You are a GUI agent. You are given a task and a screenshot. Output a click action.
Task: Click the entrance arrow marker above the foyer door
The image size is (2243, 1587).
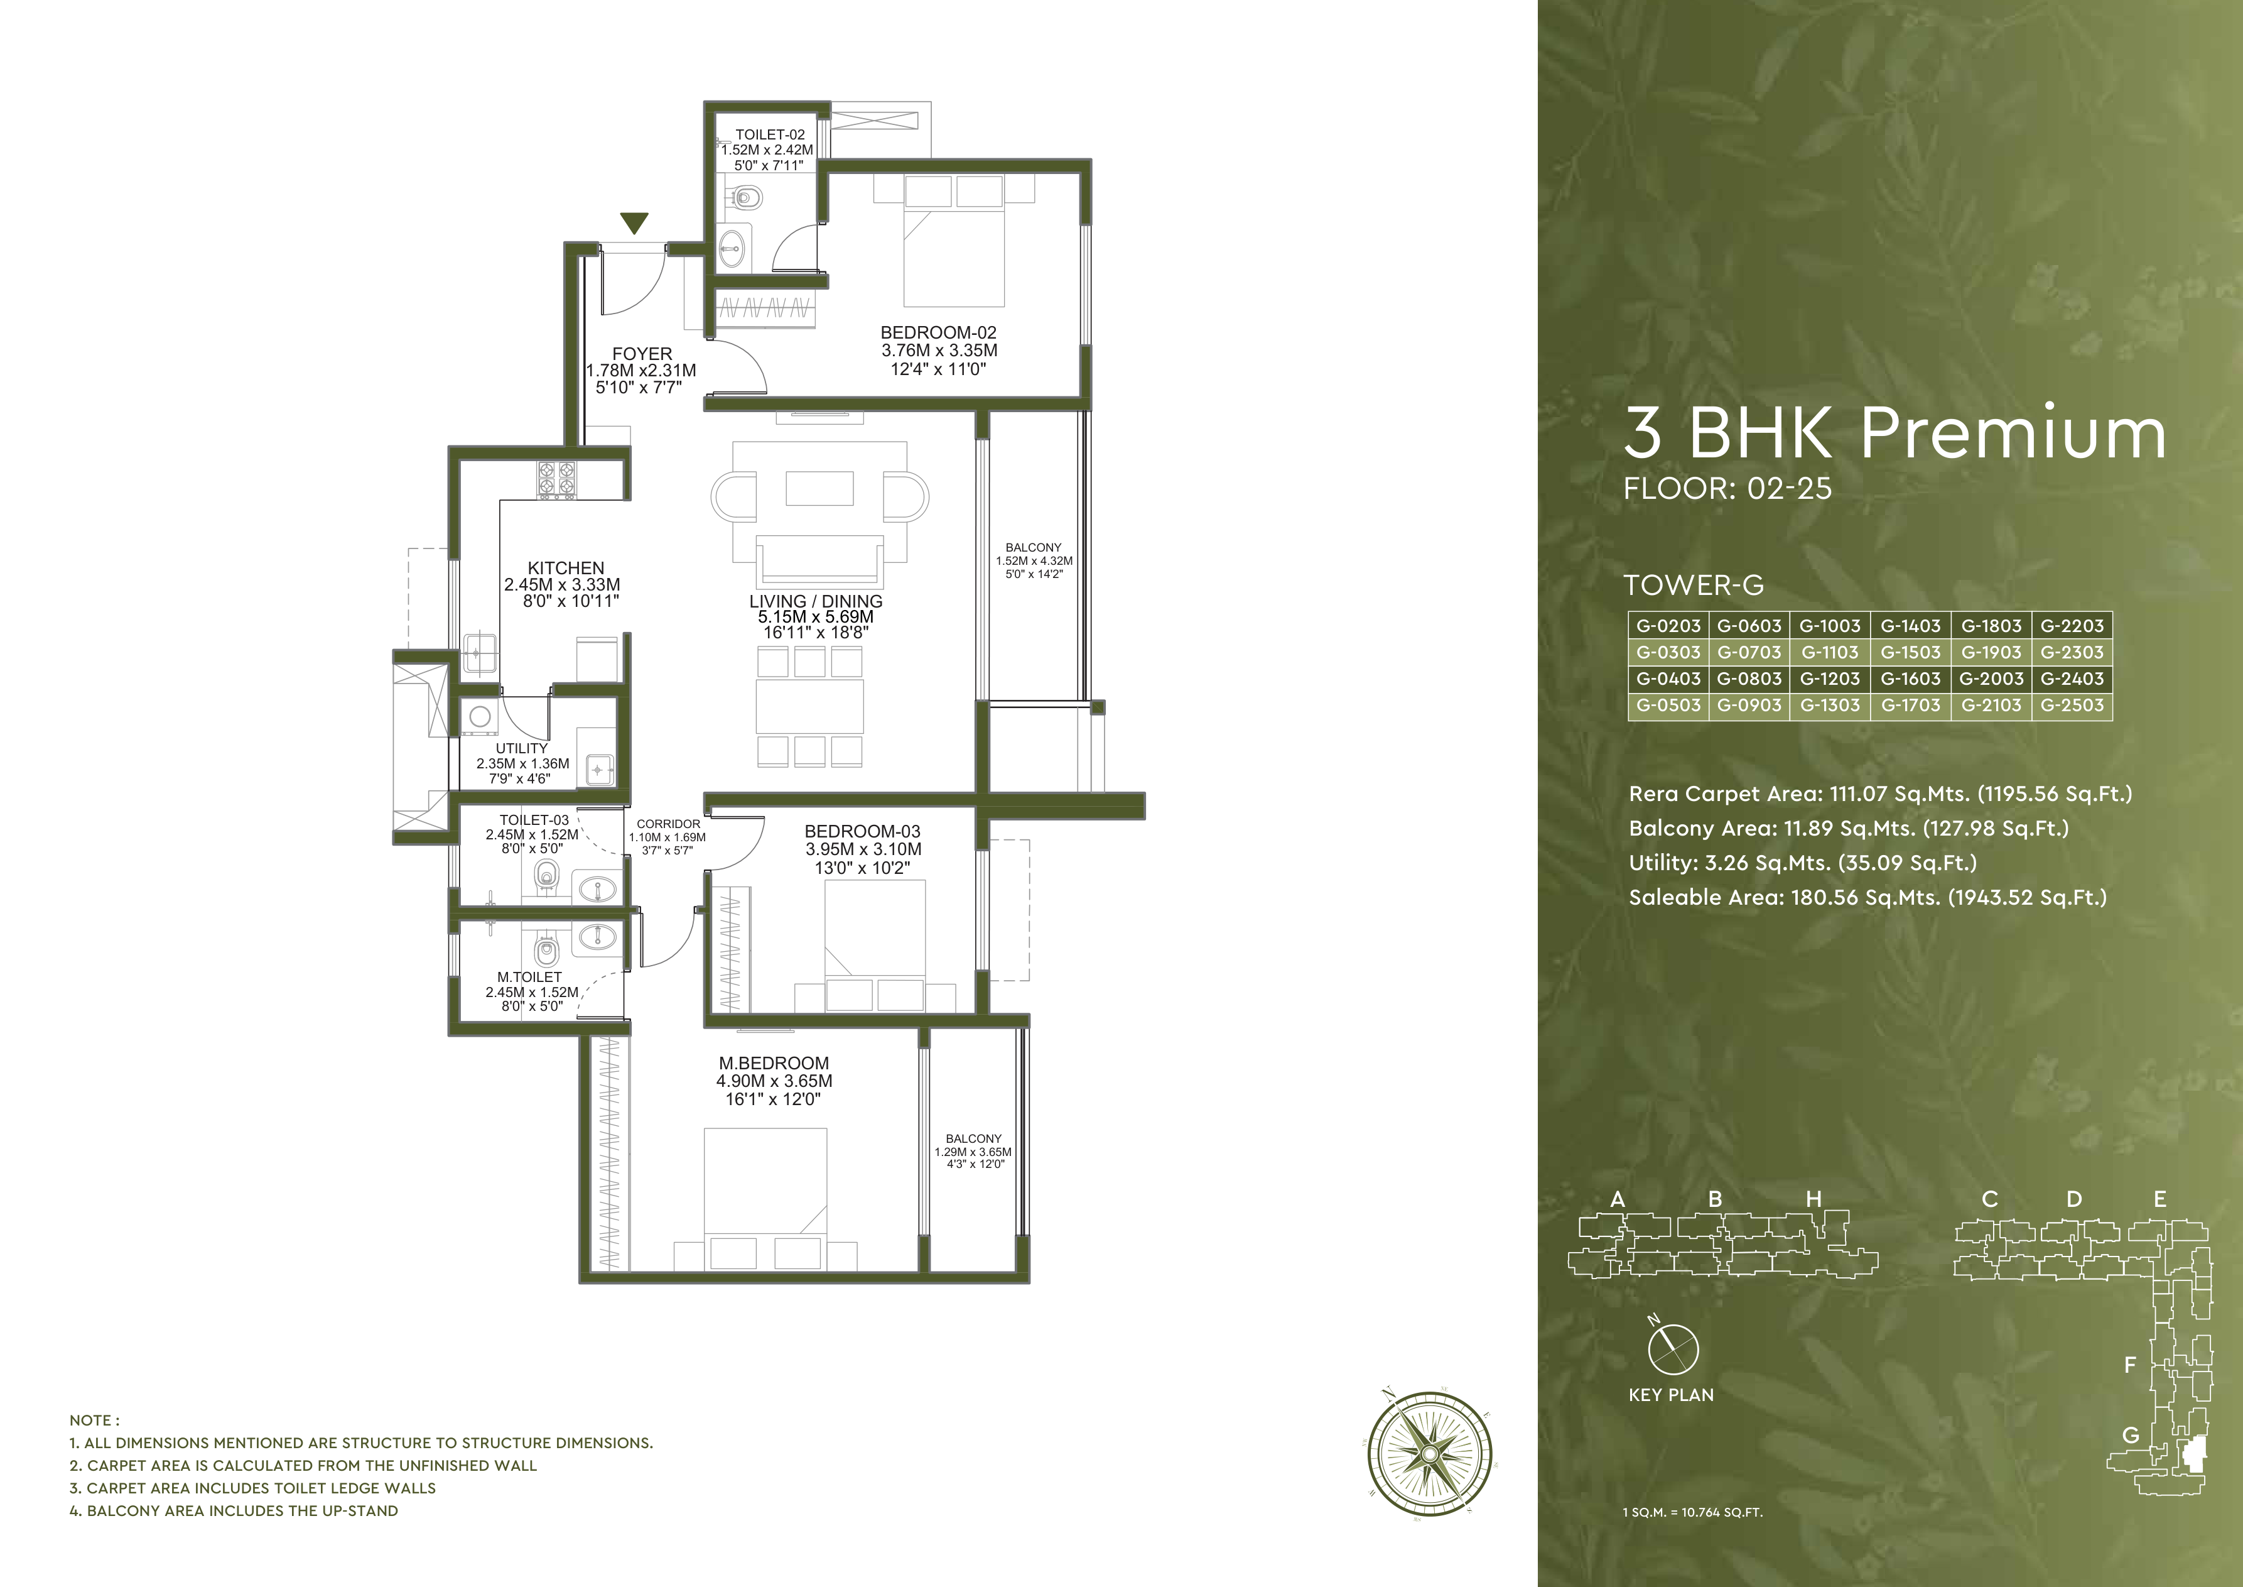point(635,224)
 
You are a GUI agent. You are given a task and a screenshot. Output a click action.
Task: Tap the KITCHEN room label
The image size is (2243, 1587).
point(566,568)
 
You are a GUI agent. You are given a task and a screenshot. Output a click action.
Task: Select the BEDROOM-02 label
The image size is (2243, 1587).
point(938,333)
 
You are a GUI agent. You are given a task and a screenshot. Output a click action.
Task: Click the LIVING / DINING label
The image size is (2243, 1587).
point(816,602)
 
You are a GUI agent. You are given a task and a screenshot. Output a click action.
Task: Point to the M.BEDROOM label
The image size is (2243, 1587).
point(774,1063)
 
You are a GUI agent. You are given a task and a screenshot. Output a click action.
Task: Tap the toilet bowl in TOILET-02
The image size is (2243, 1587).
point(747,199)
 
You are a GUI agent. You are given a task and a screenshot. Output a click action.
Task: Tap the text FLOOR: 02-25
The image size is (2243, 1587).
point(1727,489)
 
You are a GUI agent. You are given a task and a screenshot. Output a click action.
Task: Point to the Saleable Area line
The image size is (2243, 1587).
point(1867,898)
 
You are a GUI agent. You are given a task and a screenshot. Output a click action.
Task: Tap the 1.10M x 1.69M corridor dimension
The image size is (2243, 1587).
point(667,837)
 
